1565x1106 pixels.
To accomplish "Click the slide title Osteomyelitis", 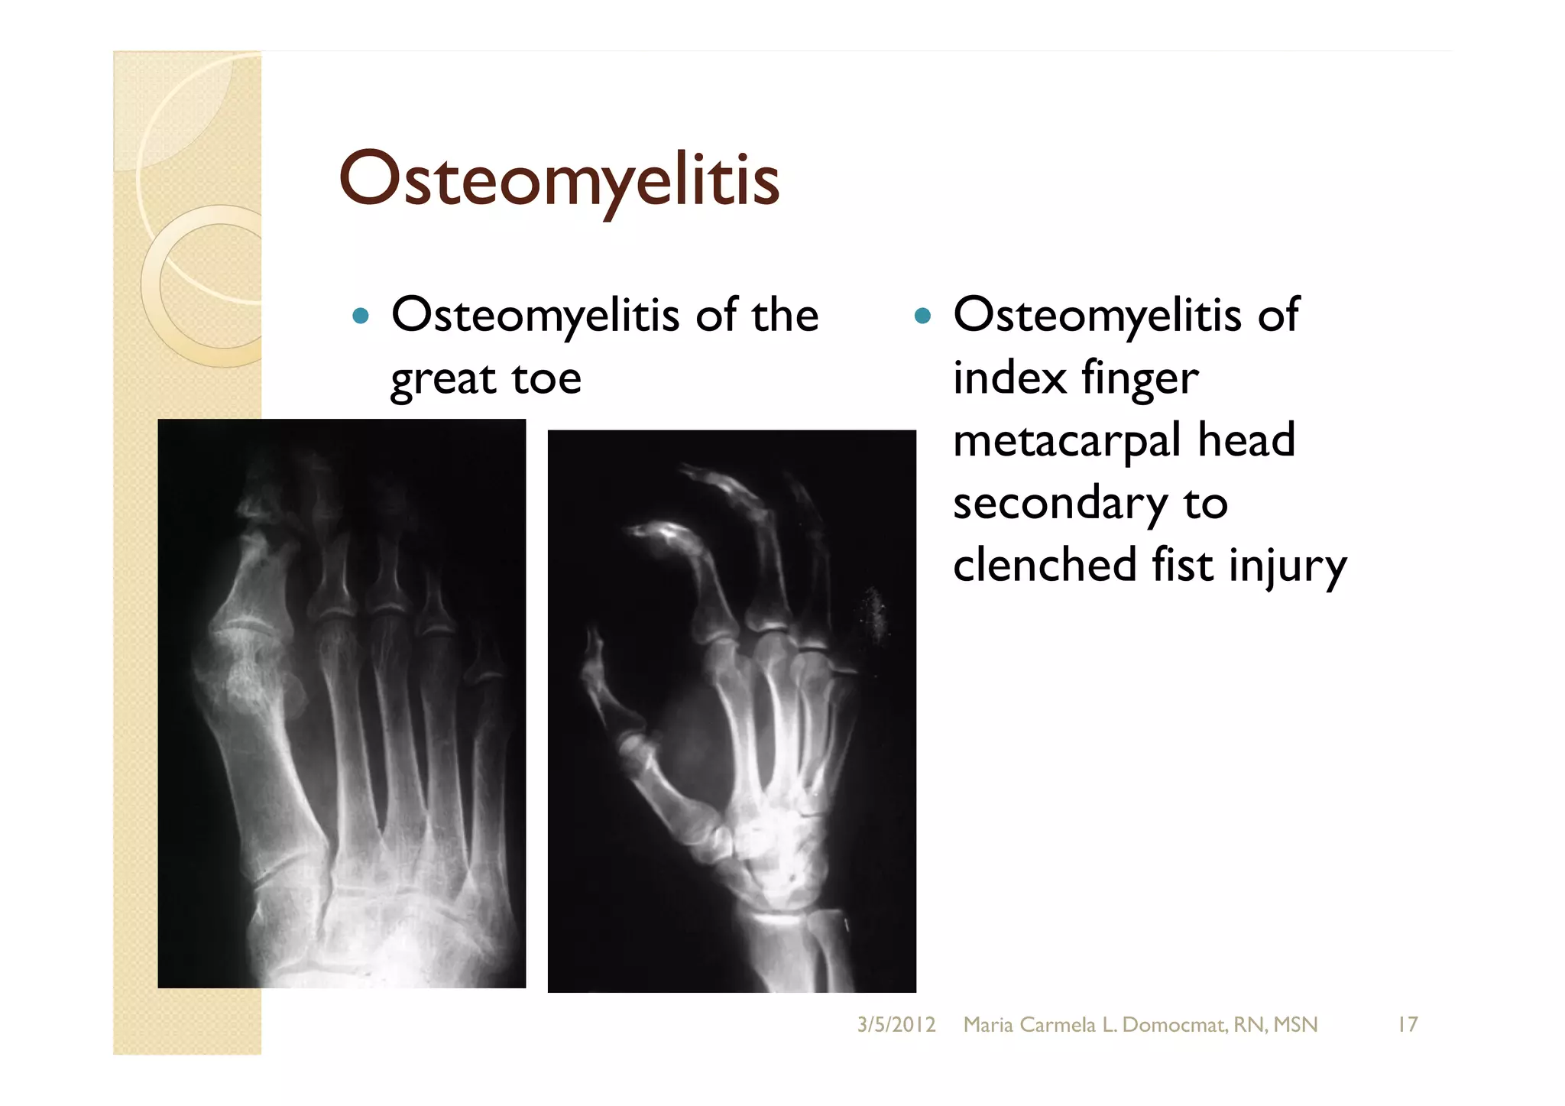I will [559, 180].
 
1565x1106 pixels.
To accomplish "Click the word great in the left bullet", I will [442, 379].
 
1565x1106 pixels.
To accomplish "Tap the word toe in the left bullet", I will [546, 379].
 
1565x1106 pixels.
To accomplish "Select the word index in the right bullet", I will [1009, 378].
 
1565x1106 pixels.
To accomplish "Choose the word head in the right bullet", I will [1246, 440].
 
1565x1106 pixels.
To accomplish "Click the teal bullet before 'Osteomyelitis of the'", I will [361, 316].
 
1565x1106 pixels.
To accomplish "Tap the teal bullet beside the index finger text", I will [922, 316].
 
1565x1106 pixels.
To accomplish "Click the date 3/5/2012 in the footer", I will [896, 1025].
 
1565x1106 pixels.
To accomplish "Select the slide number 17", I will [1407, 1025].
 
